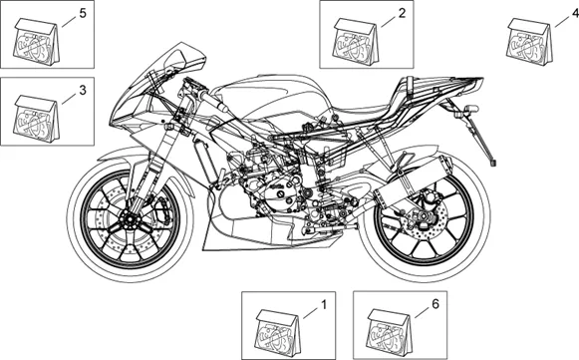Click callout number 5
pos(83,13)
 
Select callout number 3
pos(83,90)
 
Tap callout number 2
pos(402,13)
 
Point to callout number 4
pos(575,13)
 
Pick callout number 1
pos(324,305)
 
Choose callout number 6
pos(435,304)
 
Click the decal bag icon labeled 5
pos(37,42)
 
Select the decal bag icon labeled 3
pos(37,119)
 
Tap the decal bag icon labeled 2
pos(356,42)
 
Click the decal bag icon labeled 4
pos(529,42)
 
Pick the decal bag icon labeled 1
pos(278,333)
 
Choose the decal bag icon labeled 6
pos(391,333)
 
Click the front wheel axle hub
pos(131,222)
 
